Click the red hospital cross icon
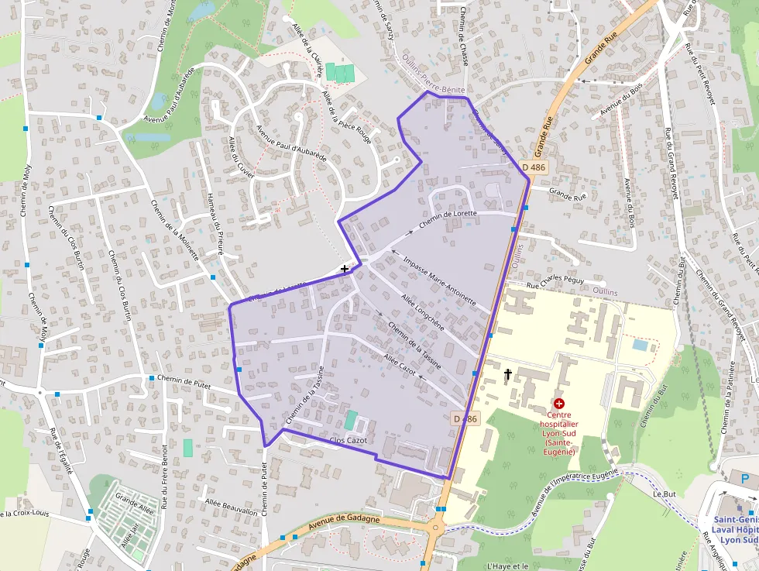coord(559,404)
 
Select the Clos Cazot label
coord(348,441)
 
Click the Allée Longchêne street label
coord(423,311)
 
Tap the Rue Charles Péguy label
coord(555,284)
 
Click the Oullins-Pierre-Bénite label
coord(434,89)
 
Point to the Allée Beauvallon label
coord(231,507)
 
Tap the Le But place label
coord(665,493)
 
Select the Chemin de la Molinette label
coord(175,229)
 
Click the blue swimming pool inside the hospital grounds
coord(640,344)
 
